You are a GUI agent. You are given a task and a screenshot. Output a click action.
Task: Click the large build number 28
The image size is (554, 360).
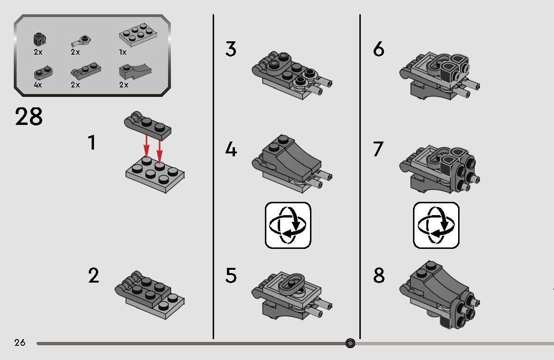tap(28, 117)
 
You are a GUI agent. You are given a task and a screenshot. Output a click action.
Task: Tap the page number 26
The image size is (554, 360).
tap(20, 342)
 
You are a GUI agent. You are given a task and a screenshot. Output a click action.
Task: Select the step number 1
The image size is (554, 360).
tap(92, 142)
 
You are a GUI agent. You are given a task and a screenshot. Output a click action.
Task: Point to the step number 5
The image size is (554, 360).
tap(231, 275)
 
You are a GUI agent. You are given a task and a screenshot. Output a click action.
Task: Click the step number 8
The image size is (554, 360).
tap(379, 275)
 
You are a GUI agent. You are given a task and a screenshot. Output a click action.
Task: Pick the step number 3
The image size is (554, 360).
tap(231, 49)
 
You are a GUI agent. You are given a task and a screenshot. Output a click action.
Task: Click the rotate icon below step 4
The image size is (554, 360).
tap(288, 225)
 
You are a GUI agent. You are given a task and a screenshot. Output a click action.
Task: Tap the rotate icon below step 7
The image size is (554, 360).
tap(436, 225)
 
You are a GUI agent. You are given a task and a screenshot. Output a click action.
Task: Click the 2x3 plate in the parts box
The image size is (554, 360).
tap(138, 35)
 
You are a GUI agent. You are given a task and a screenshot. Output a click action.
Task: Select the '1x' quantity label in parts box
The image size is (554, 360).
tap(122, 52)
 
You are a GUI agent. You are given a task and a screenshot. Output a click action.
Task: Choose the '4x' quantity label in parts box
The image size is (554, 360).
tap(38, 85)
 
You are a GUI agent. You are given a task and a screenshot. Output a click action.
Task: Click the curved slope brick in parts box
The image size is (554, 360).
tap(135, 72)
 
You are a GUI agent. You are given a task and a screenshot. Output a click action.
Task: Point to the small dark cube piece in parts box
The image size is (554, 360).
tap(40, 39)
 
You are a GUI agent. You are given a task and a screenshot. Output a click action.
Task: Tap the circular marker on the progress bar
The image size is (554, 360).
tap(350, 343)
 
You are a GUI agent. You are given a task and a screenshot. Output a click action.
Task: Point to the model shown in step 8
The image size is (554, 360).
tap(440, 295)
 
